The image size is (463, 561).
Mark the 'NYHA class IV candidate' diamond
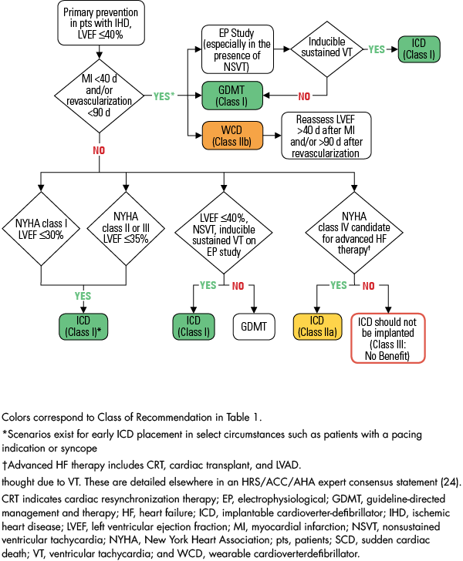tap(355, 230)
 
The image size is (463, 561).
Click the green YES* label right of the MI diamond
tap(163, 96)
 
